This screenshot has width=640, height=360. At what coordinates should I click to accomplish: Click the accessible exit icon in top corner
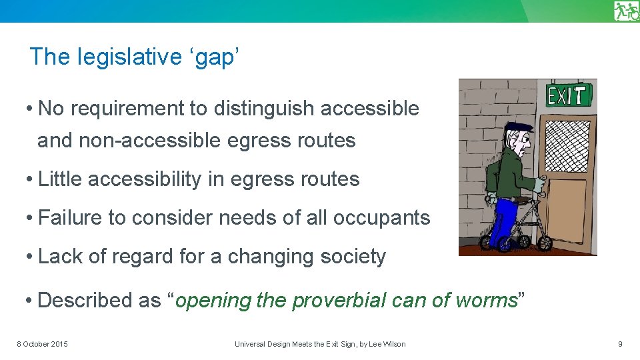click(x=627, y=11)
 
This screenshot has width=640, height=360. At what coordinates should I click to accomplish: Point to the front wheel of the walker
click(x=545, y=242)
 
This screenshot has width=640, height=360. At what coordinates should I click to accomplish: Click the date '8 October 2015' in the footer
click(x=42, y=344)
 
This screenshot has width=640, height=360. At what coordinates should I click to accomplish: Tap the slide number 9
click(x=620, y=344)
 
